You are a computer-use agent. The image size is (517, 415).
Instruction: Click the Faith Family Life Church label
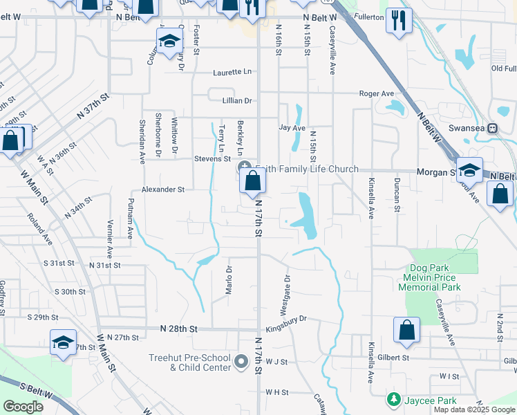(308, 169)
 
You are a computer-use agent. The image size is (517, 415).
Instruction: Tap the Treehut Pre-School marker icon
(241, 360)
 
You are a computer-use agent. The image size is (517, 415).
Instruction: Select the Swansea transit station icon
(493, 128)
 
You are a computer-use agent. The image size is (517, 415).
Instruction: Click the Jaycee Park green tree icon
(393, 400)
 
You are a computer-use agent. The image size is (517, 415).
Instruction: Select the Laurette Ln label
(232, 72)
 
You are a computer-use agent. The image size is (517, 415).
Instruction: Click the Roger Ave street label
(377, 93)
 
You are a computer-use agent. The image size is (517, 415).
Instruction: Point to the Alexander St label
(163, 189)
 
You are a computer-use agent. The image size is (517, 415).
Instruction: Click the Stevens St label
(211, 158)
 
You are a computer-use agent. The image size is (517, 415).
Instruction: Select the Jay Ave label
(292, 128)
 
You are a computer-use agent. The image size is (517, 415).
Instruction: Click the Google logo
(23, 407)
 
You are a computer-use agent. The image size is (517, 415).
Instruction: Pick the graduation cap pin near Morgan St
(469, 170)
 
